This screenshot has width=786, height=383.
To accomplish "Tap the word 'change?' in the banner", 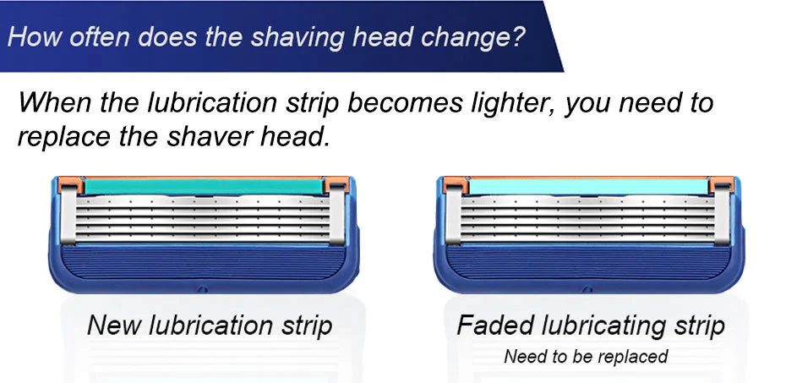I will pos(478,38).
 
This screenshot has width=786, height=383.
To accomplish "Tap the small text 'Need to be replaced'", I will pos(586,356).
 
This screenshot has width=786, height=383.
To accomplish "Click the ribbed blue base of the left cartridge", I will pos(203,266).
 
